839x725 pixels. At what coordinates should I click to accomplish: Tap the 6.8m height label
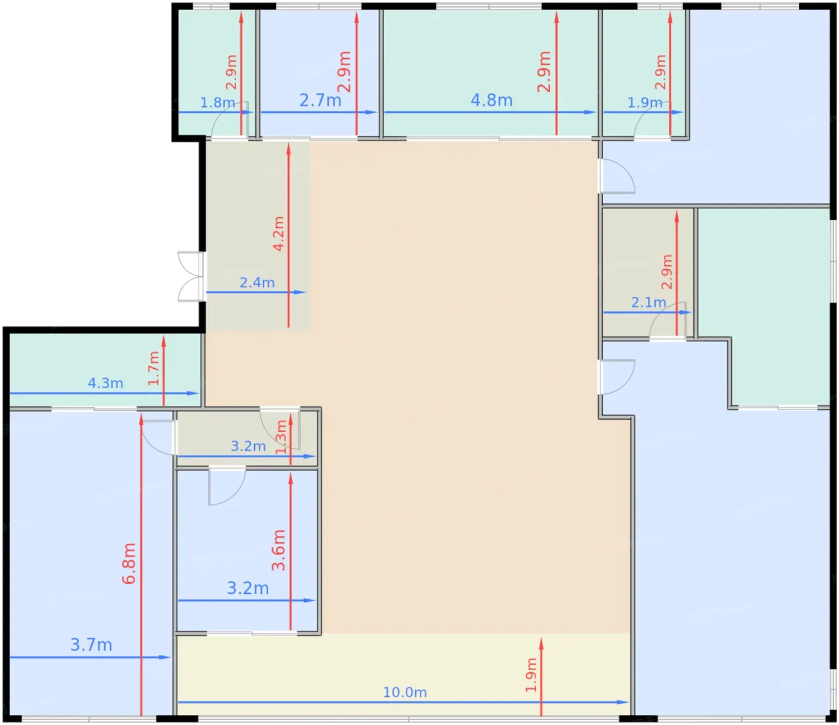coord(129,563)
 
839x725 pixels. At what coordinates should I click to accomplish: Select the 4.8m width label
coord(491,100)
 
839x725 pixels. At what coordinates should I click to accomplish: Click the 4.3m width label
coord(105,383)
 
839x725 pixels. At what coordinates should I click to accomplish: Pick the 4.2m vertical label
coord(279,233)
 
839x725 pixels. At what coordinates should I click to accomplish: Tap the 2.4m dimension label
coord(257,282)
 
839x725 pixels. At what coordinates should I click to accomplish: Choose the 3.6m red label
coord(279,550)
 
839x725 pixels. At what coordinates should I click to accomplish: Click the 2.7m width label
coord(320,100)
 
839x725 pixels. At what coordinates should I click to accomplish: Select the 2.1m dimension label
coord(648,302)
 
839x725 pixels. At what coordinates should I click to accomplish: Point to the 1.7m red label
coord(154,368)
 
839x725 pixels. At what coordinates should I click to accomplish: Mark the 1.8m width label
coord(218,102)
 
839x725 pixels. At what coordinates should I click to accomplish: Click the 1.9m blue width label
coord(645,102)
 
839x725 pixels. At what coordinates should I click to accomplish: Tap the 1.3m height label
coord(281,436)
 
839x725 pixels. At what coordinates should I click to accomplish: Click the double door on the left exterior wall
coord(191,277)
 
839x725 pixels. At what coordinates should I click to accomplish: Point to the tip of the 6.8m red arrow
coord(141,414)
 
